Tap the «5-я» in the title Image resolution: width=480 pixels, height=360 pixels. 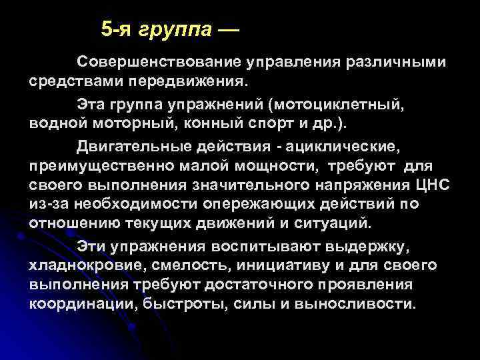tap(119, 29)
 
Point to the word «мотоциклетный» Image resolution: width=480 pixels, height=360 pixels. tap(340, 105)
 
